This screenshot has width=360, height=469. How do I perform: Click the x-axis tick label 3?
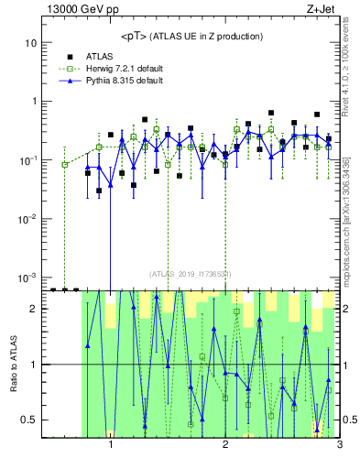pyautogui.click(x=339, y=448)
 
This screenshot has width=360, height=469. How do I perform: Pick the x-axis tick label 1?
pyautogui.click(x=111, y=448)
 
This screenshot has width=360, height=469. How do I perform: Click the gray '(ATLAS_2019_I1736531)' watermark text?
pyautogui.click(x=191, y=274)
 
